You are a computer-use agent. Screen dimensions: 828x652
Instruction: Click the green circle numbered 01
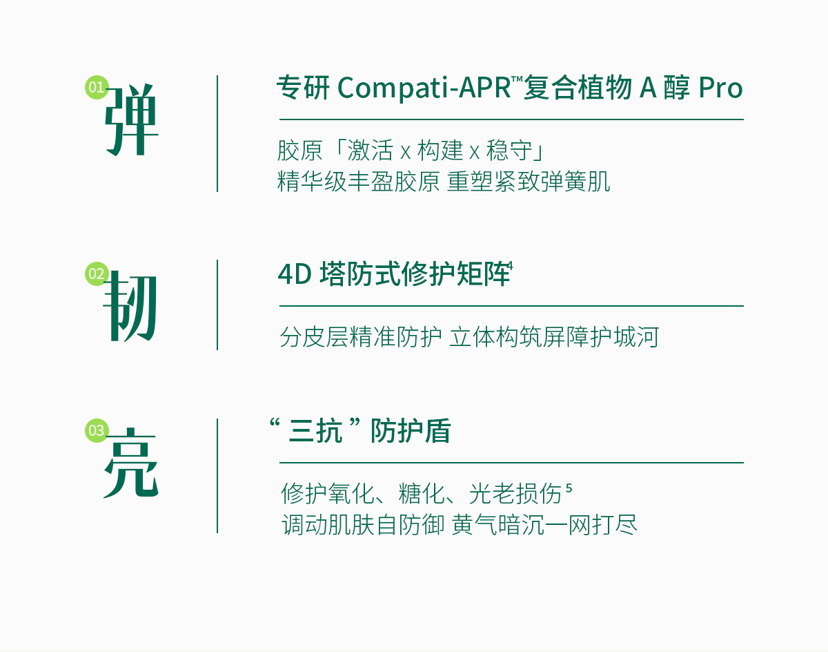click(x=97, y=88)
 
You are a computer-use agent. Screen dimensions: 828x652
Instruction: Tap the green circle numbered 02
click(x=97, y=274)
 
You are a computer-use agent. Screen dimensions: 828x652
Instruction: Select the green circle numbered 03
click(x=97, y=430)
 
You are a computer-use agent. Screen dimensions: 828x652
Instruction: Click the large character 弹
click(x=132, y=119)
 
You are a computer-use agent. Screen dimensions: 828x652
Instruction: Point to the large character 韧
click(x=130, y=306)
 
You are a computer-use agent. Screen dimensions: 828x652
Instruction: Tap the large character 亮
click(x=131, y=463)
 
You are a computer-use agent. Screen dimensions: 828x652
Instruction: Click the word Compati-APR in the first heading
click(x=424, y=88)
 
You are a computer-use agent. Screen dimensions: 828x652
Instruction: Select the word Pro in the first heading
click(x=720, y=88)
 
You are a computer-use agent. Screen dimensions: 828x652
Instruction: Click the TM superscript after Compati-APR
click(x=517, y=79)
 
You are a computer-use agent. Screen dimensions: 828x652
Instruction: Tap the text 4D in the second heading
click(x=295, y=275)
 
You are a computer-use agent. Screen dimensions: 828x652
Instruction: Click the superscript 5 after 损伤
click(x=569, y=488)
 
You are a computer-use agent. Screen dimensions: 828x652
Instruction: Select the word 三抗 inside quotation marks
click(x=315, y=432)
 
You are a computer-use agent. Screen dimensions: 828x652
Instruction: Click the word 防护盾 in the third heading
click(x=411, y=431)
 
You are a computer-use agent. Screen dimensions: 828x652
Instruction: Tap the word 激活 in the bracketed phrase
click(x=370, y=150)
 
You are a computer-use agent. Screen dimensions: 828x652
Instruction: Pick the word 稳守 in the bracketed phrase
click(x=509, y=150)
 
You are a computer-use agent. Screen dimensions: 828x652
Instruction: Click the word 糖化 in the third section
click(x=422, y=493)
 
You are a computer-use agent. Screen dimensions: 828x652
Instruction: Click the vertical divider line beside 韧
click(x=217, y=305)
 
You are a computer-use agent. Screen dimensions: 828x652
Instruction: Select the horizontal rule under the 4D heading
click(x=511, y=306)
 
